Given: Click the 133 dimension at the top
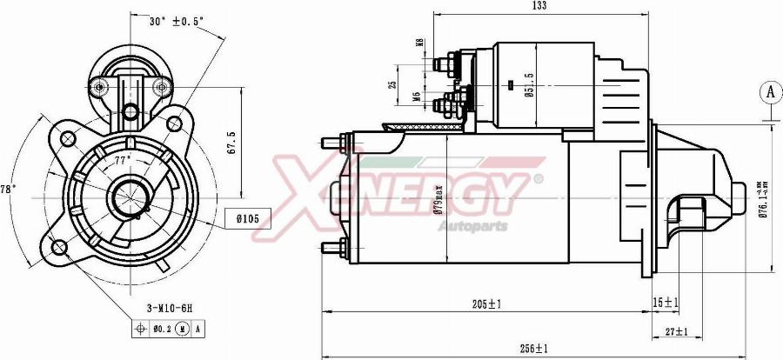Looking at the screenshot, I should (x=539, y=7).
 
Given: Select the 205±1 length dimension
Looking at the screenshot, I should (x=487, y=303).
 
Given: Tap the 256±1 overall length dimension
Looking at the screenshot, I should (x=533, y=348).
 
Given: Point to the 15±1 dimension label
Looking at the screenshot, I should (x=665, y=303).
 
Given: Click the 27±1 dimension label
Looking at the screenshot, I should (x=675, y=331).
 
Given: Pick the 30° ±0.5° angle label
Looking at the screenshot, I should (x=176, y=21).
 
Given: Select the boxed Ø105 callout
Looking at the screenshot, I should (x=248, y=217).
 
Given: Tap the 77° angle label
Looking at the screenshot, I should (x=122, y=161).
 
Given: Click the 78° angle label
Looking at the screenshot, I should (x=6, y=189).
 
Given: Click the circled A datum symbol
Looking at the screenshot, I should (x=769, y=91).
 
